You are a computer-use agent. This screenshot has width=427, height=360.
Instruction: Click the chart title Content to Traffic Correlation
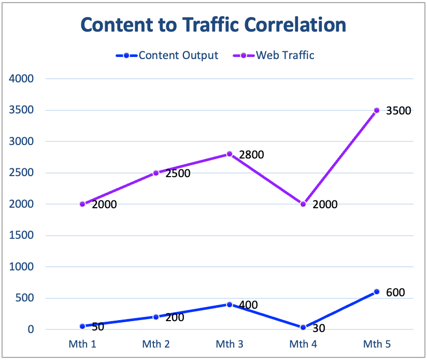tap(213, 25)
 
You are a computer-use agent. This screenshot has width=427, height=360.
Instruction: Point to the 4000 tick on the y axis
tap(21, 79)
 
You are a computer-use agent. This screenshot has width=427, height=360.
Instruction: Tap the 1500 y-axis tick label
tap(21, 235)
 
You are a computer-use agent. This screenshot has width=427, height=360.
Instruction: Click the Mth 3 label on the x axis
tap(229, 343)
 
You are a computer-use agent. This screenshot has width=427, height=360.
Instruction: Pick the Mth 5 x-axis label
tap(376, 343)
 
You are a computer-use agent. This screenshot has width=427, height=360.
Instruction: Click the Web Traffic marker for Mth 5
tap(377, 110)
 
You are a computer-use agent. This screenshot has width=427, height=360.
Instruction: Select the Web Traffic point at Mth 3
tap(229, 154)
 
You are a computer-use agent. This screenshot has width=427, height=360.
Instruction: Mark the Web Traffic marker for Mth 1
tap(82, 204)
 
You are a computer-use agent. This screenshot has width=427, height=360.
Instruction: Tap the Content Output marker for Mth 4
tap(303, 327)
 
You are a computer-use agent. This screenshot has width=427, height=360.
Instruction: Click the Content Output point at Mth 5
tap(377, 292)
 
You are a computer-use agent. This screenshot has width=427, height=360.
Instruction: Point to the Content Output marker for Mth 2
tap(156, 316)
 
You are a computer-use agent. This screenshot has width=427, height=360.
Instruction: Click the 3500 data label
tap(398, 110)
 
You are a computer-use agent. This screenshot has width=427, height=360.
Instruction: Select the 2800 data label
tap(251, 154)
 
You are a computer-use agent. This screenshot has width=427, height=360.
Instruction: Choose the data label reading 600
tap(395, 293)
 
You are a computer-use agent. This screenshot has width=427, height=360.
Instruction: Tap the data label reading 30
tap(319, 328)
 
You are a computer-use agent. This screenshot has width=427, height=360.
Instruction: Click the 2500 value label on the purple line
tap(178, 174)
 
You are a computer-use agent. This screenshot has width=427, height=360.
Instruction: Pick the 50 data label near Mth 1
tap(98, 327)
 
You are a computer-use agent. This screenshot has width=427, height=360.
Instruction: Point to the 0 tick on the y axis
tap(31, 329)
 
